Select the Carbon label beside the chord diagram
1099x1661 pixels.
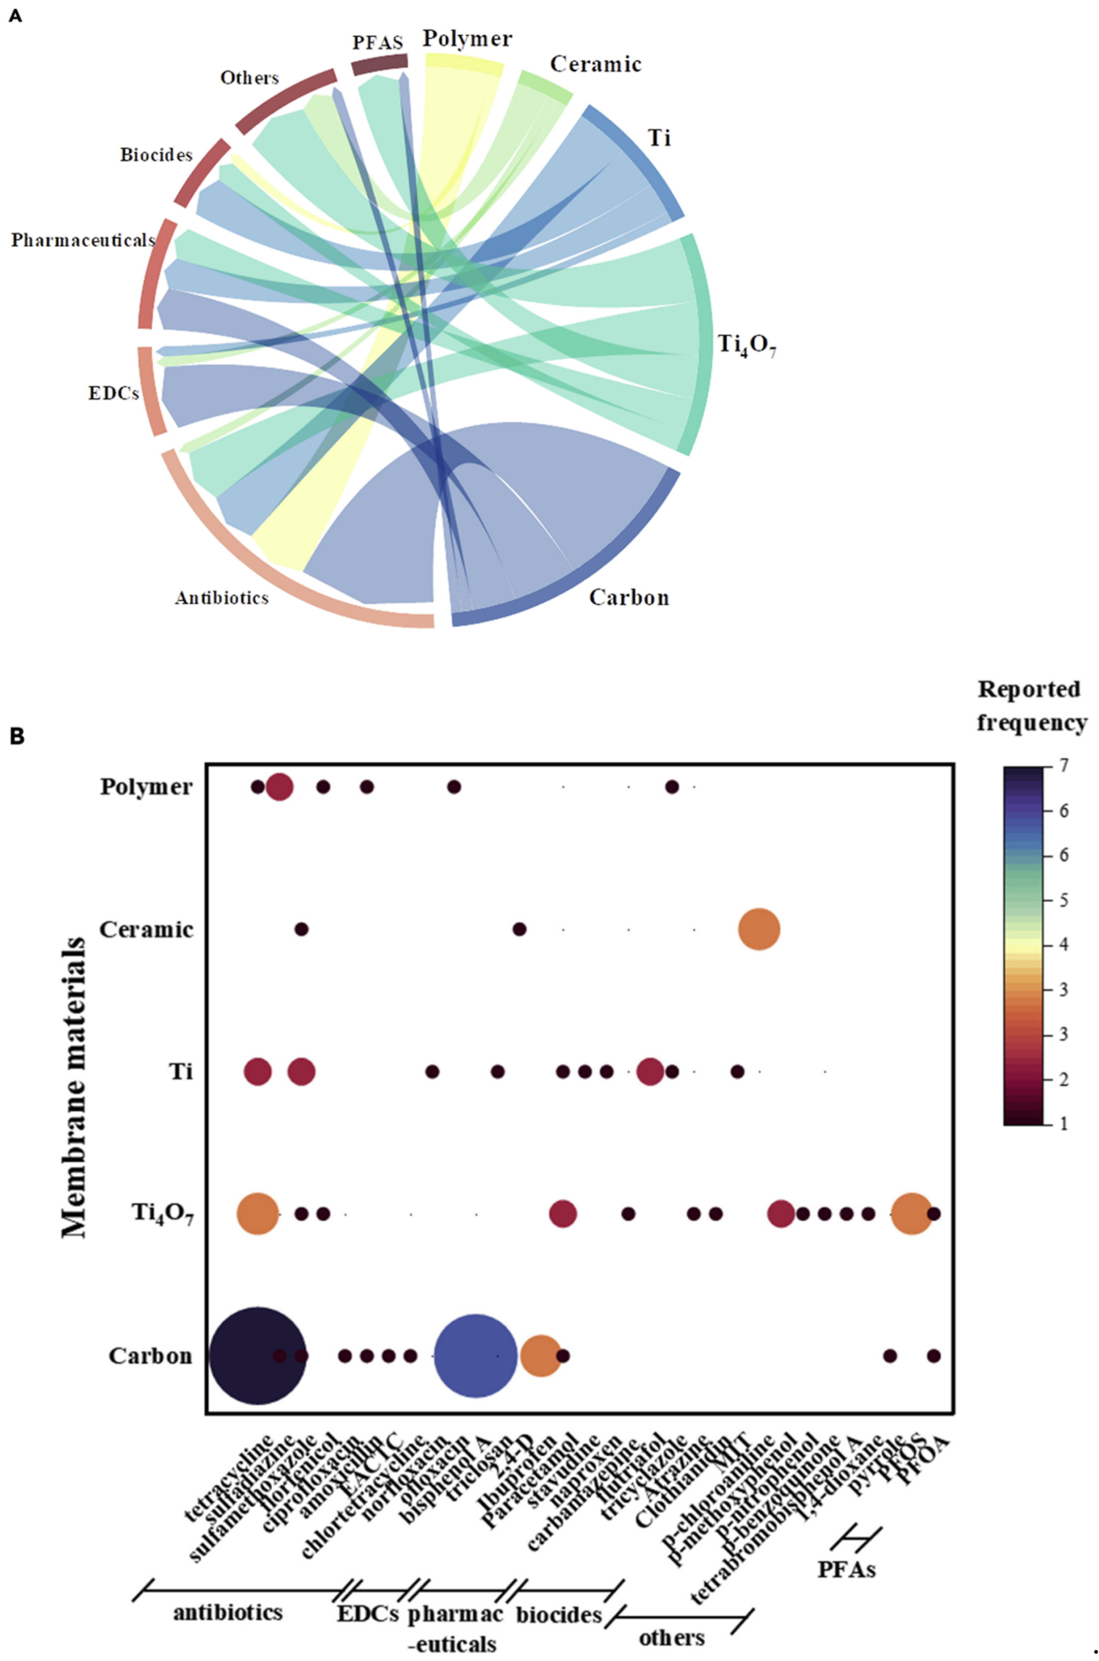[x=629, y=598]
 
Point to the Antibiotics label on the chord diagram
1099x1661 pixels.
[x=222, y=598]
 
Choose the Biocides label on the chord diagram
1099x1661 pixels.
[x=155, y=155]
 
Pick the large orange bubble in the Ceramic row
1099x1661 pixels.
[x=759, y=930]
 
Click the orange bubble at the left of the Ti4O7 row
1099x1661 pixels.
[x=258, y=1213]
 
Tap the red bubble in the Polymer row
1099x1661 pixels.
[x=280, y=787]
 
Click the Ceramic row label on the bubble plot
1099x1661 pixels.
[x=146, y=930]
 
